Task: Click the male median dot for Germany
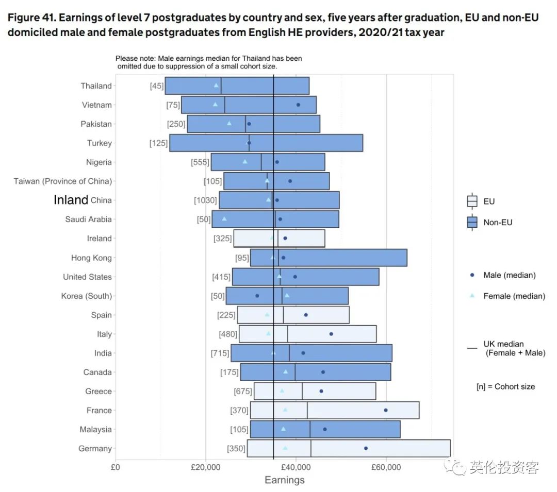[366, 448]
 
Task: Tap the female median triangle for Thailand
[216, 85]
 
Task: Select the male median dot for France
[386, 410]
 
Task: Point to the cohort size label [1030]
[205, 200]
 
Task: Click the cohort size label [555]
[200, 162]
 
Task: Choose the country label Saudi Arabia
[88, 219]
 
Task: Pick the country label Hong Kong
[91, 258]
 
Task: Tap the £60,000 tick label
[386, 469]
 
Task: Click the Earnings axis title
[284, 480]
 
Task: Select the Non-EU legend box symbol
[472, 223]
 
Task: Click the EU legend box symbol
[472, 201]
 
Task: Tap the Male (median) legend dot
[472, 275]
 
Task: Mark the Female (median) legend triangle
[472, 296]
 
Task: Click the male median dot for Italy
[331, 334]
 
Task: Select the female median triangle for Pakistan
[229, 123]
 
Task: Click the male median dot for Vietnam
[298, 105]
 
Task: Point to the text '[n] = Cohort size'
[505, 386]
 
